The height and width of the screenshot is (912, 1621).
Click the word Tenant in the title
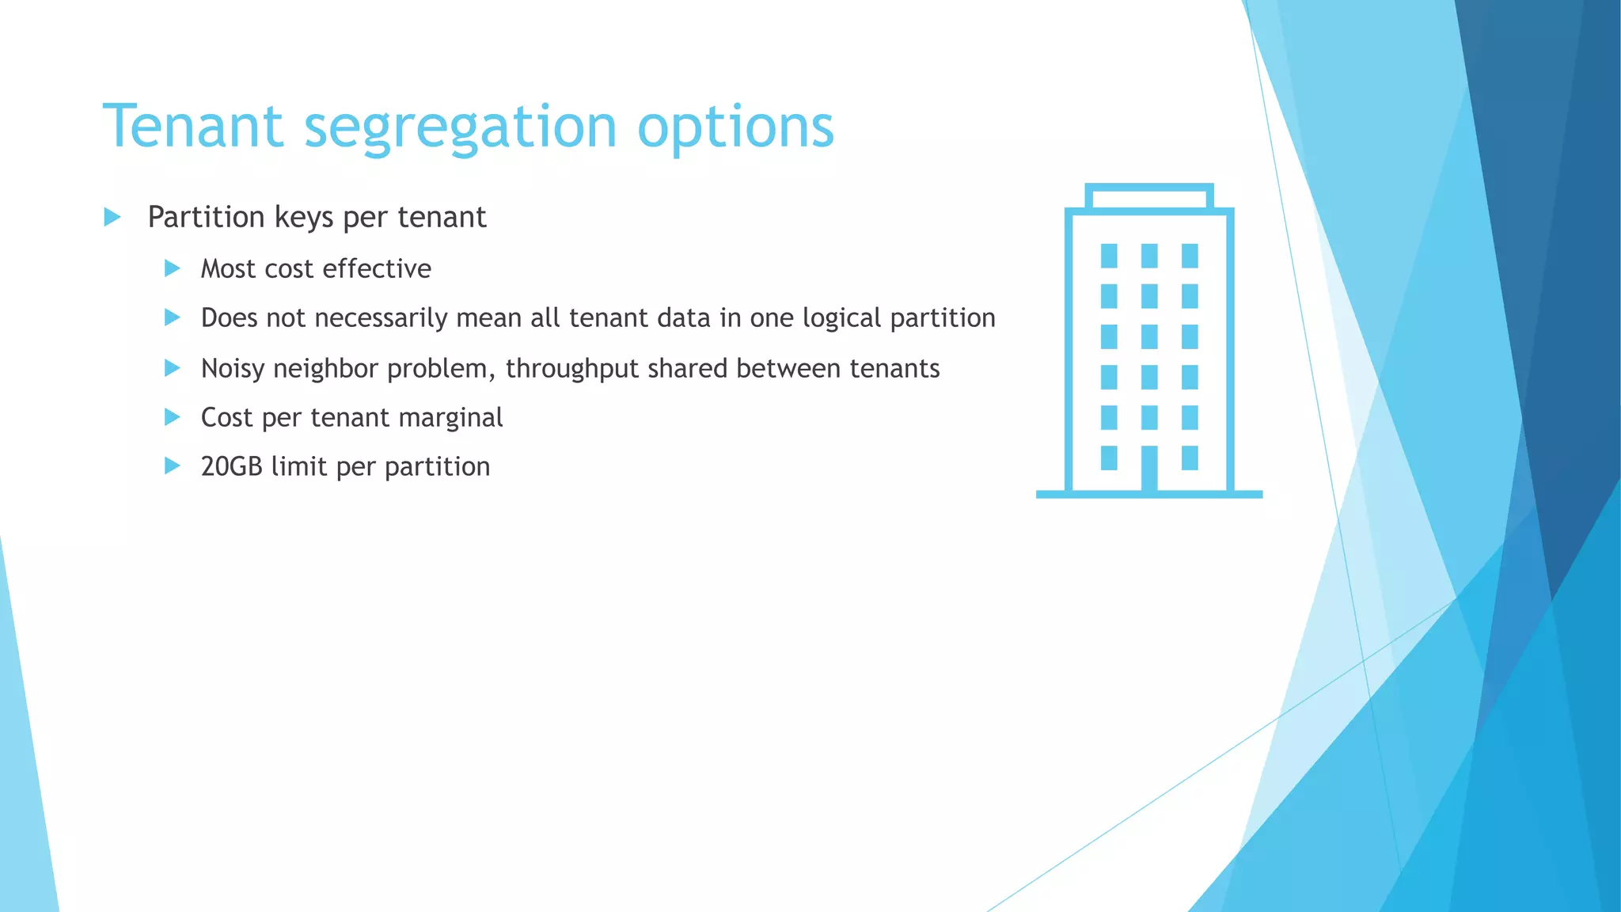pos(193,127)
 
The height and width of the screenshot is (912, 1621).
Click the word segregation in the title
pos(460,129)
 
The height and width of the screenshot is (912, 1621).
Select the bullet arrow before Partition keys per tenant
pos(112,217)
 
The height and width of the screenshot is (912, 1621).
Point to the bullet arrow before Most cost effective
pos(173,268)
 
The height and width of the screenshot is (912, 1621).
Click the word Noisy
pos(232,369)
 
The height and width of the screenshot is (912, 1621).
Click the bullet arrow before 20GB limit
pos(173,466)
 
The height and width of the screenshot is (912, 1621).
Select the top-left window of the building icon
pos(1109,256)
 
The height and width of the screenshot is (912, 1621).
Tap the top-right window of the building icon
pos(1190,256)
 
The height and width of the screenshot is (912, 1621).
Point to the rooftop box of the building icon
pos(1149,196)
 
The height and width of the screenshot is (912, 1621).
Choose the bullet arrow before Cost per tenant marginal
pos(173,417)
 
